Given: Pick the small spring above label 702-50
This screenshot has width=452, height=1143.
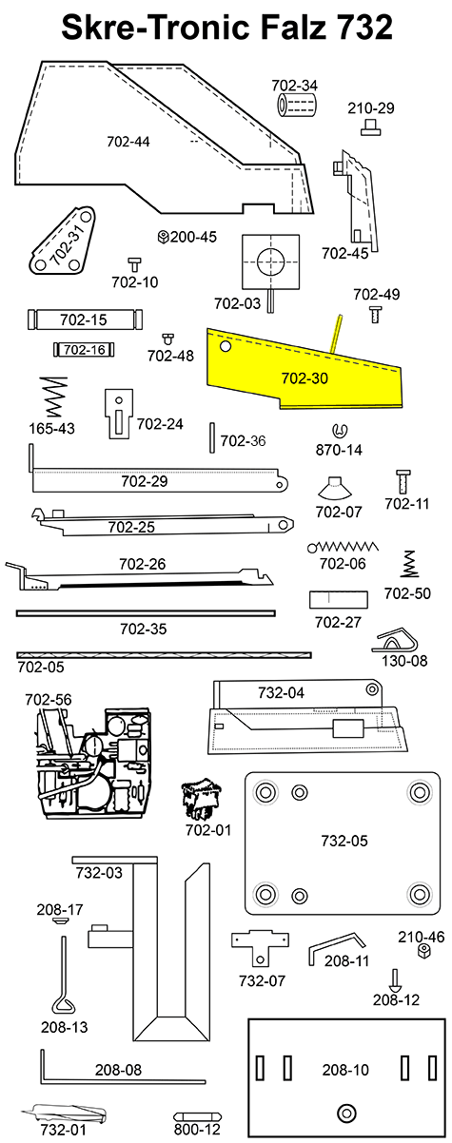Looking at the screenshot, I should tap(408, 564).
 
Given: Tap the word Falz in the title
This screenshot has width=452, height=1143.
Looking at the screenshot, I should tap(269, 28).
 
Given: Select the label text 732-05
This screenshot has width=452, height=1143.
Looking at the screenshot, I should tap(344, 842).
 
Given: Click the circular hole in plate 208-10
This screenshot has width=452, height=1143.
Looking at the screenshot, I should tap(344, 1113).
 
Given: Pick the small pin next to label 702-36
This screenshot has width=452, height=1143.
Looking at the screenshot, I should tap(211, 440).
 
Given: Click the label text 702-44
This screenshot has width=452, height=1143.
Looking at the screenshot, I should tap(128, 142).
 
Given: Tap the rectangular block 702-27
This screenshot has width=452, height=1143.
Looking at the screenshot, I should tap(338, 601).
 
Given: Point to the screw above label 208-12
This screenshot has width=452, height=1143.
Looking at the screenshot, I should tap(394, 978).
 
